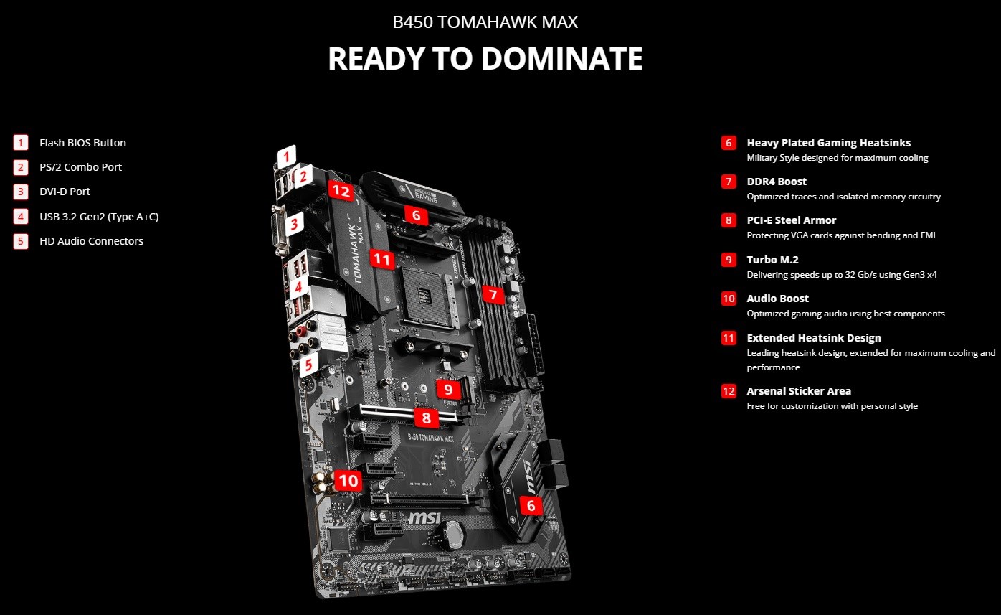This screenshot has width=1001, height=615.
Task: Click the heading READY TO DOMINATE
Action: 485,59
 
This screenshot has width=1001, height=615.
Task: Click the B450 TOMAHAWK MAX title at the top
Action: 485,22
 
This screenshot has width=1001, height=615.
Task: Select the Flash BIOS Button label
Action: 82,143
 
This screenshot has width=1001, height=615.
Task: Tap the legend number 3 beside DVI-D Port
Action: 21,192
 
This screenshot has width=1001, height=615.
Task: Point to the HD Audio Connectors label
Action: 91,241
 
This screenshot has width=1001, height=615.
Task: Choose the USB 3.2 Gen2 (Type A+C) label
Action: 99,217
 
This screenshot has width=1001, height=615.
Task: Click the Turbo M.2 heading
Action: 773,259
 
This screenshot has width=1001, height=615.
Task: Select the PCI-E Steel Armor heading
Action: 792,220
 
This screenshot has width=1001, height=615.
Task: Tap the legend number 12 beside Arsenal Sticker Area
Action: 729,391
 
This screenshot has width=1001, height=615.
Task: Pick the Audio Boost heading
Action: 777,299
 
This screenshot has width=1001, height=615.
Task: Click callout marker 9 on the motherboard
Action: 448,389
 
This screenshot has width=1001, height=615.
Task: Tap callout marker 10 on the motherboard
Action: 348,481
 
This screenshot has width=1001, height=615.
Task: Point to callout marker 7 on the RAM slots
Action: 493,294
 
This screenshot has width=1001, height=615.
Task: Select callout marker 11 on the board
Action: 382,259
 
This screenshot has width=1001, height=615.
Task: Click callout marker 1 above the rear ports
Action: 286,156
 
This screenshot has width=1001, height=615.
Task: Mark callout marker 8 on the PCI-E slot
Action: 427,418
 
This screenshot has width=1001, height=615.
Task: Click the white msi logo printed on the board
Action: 424,518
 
